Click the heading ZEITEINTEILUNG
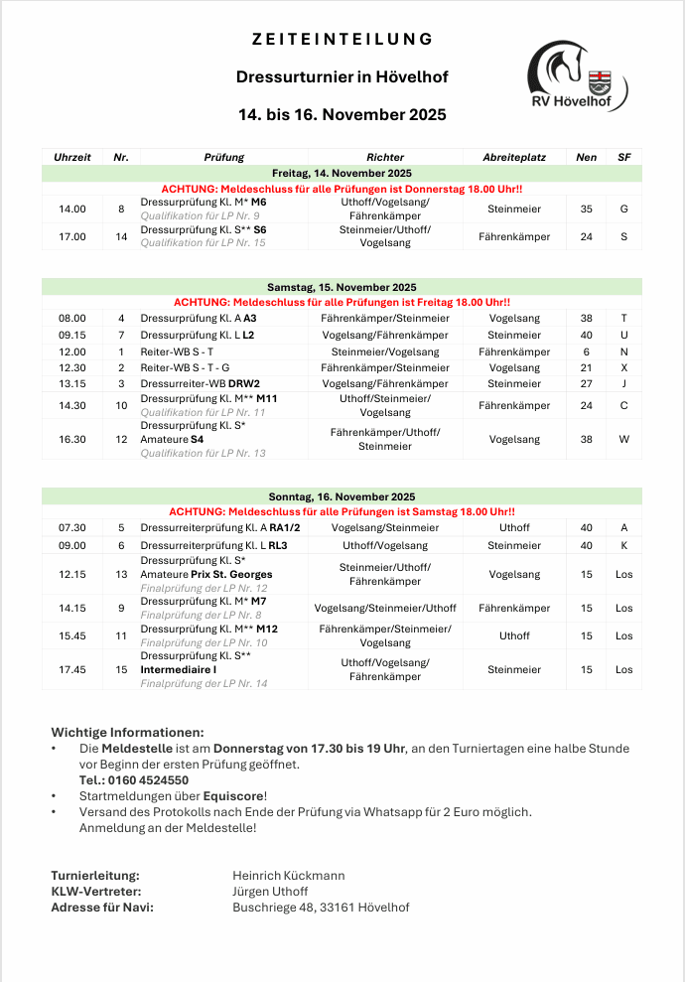click(x=342, y=40)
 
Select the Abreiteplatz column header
click(x=514, y=157)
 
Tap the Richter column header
click(x=385, y=157)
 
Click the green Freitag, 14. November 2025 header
click(x=342, y=173)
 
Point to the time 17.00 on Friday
click(x=72, y=236)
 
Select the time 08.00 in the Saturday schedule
click(x=72, y=318)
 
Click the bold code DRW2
click(x=244, y=383)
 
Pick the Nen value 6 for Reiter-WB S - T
click(x=586, y=351)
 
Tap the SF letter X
click(x=623, y=367)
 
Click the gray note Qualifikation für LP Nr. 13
click(x=204, y=453)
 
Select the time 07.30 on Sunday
click(x=72, y=528)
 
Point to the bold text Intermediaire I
click(x=179, y=670)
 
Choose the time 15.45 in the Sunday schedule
click(x=72, y=635)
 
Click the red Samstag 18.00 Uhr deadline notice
click(x=342, y=511)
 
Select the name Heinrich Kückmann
click(x=289, y=876)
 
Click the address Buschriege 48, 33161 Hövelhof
click(x=321, y=908)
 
